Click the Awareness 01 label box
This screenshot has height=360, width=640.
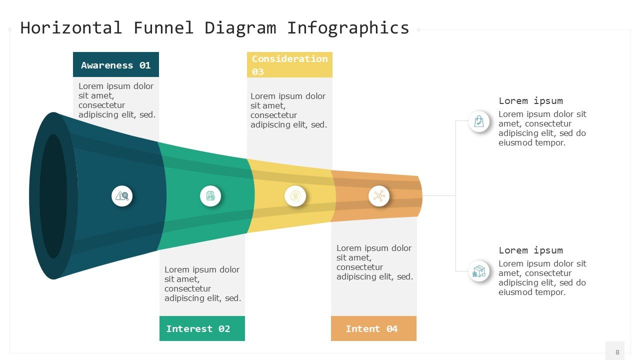[116, 65]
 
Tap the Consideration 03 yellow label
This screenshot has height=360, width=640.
[289, 65]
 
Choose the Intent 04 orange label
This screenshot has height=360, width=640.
[373, 328]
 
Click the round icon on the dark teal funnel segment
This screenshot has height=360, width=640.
[122, 196]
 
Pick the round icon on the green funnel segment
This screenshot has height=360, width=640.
[210, 196]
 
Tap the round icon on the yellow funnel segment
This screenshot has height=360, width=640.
[295, 196]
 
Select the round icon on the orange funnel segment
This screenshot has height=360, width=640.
[379, 196]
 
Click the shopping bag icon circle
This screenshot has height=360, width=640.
[479, 121]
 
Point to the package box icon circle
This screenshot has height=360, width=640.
[479, 271]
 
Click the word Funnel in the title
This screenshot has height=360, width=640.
[163, 28]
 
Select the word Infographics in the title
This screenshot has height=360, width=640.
[348, 28]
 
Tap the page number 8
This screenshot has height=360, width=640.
[617, 352]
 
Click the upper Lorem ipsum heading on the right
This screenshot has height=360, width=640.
[530, 100]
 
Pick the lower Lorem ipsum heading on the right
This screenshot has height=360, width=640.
[530, 250]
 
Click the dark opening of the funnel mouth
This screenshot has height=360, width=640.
[53, 196]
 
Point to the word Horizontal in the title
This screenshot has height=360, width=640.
[71, 28]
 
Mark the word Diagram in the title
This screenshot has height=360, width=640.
[240, 28]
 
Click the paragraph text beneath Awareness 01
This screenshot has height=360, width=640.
[117, 100]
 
